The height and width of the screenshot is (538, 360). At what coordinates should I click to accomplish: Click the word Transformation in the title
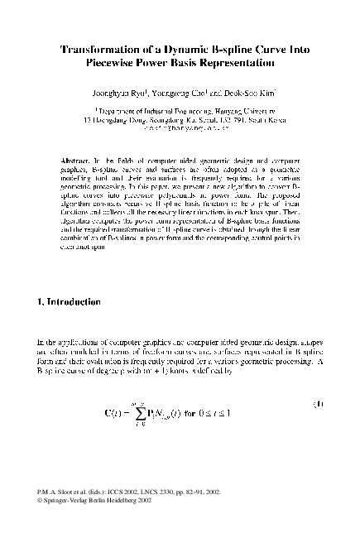pos(98,50)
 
